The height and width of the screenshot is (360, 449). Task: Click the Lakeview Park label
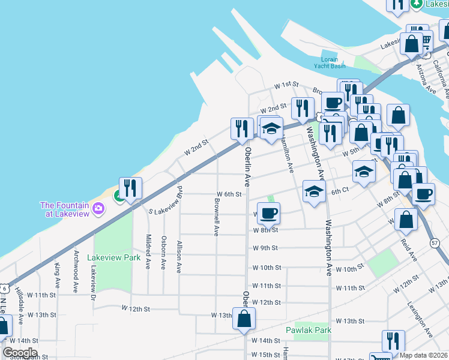coord(113,257)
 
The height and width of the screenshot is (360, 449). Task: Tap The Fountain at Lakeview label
coord(64,209)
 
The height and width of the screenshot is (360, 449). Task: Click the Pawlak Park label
coord(309,330)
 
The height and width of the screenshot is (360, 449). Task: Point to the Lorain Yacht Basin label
coord(325,64)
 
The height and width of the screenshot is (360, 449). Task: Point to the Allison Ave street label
coord(179,257)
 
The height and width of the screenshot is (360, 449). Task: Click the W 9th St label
coord(265,248)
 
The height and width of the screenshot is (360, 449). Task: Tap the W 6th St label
coord(229,194)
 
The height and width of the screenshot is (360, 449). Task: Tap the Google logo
coord(20,353)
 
